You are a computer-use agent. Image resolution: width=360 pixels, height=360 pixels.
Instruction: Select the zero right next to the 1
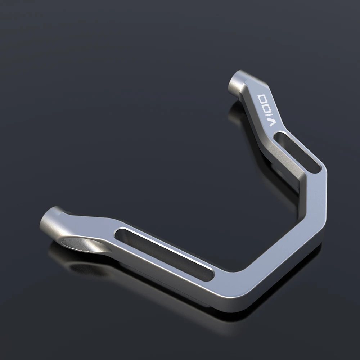pyautogui.click(x=266, y=106)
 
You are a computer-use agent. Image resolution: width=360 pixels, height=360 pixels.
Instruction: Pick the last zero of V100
pyautogui.click(x=262, y=98)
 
